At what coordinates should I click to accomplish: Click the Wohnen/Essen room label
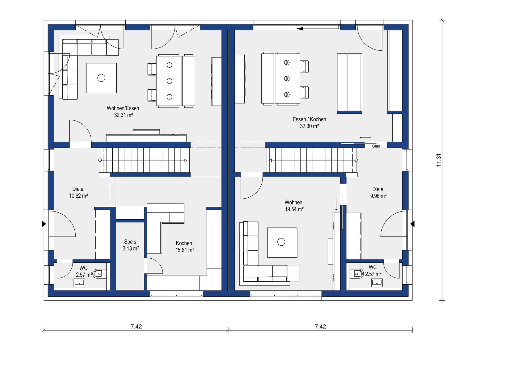tap(123, 108)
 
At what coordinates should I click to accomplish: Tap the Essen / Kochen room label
tap(309, 119)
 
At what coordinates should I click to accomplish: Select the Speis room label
tap(130, 242)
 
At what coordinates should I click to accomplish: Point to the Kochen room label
tap(184, 243)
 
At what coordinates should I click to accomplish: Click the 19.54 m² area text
tap(294, 209)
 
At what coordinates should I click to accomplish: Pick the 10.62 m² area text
tap(79, 196)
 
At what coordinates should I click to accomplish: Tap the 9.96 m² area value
tap(378, 196)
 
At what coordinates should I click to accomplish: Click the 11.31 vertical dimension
tap(439, 160)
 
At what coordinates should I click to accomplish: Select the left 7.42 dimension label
tap(136, 327)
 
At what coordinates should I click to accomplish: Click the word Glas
tap(376, 146)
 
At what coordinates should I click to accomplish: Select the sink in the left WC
tap(79, 283)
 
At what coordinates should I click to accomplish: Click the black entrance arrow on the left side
tap(44, 224)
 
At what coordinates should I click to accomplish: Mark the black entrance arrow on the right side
tap(412, 224)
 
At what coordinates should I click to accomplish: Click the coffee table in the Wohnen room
tap(282, 242)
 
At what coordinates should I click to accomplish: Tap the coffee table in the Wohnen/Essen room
tap(101, 78)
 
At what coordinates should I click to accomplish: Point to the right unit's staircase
tap(312, 160)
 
